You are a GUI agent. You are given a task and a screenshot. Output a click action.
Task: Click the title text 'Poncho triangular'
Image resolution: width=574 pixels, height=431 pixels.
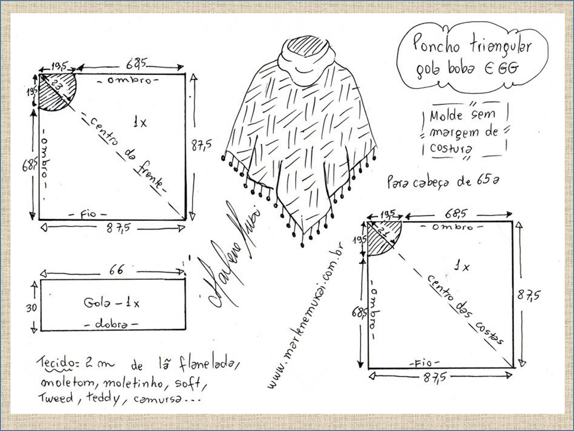tap(473, 47)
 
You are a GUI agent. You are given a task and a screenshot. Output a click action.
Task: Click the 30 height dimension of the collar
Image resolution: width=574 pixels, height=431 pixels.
tap(30, 308)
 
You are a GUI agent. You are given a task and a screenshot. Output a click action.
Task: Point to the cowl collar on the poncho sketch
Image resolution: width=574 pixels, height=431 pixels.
tap(305, 60)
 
